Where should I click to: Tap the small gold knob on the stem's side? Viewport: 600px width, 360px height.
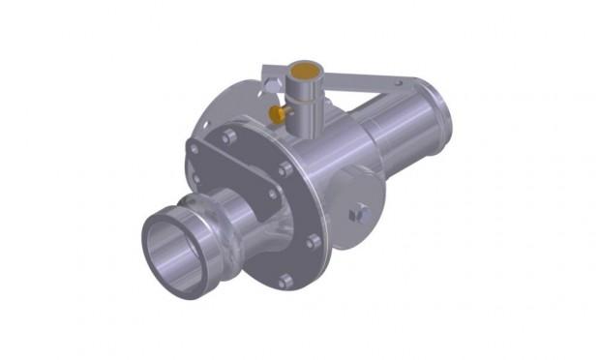277,115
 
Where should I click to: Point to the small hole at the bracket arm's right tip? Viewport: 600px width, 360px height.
397,85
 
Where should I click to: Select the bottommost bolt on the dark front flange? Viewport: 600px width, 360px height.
285,282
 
